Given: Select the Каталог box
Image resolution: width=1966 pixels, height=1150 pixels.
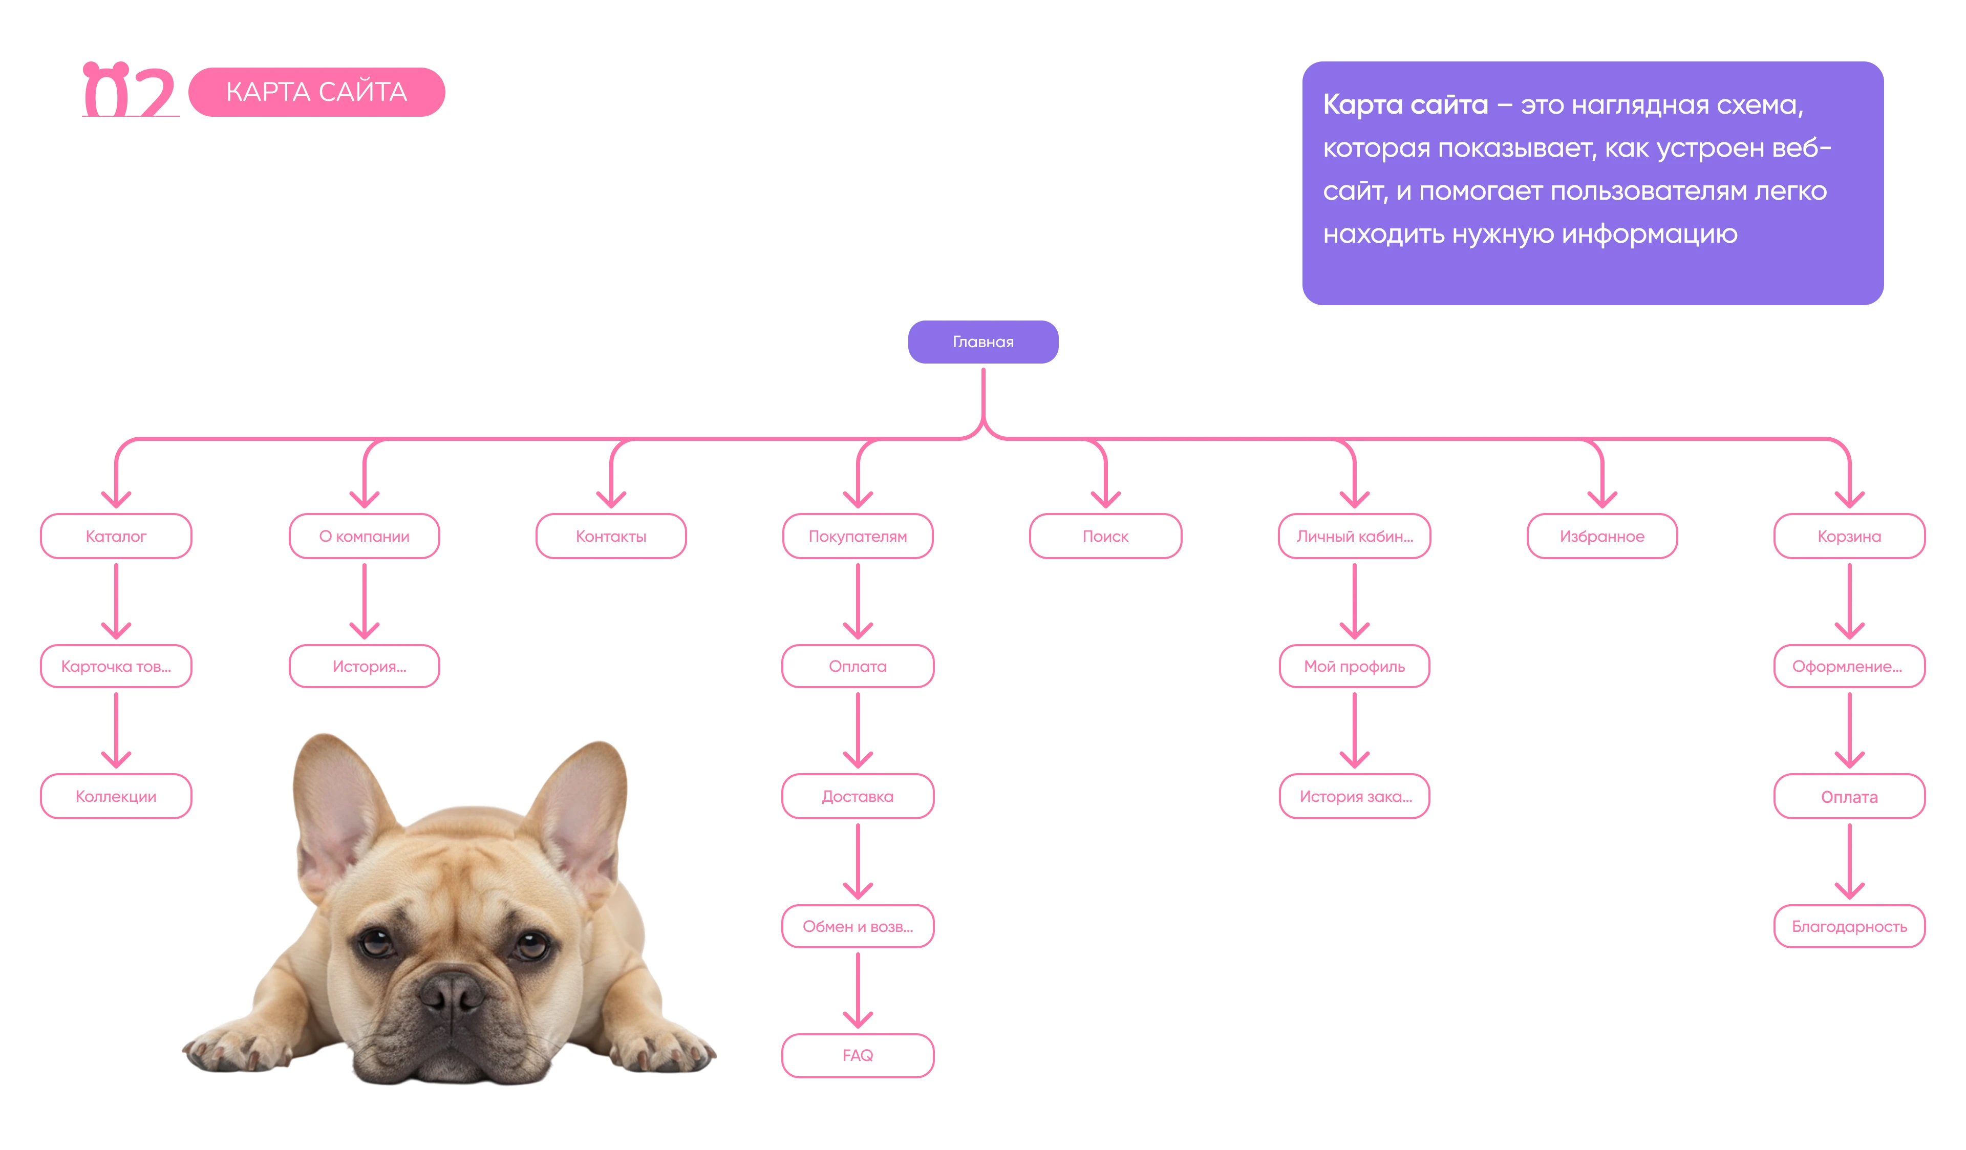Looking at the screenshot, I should (116, 536).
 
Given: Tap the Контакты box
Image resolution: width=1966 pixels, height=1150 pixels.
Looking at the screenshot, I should (611, 536).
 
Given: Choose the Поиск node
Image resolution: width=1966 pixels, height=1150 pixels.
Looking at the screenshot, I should (1105, 536).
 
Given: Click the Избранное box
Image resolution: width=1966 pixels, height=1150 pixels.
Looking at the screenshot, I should (1601, 536).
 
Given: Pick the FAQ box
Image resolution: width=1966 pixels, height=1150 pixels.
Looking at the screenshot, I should (858, 1055).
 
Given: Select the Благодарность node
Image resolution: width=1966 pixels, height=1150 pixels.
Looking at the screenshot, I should (1848, 926).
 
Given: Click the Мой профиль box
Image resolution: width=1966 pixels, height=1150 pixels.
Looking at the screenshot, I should (1354, 666).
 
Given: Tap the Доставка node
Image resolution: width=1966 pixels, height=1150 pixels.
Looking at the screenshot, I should (858, 796).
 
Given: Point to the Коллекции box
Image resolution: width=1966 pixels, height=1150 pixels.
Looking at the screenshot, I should (116, 796).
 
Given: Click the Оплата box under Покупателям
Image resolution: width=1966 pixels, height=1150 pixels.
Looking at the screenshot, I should (858, 666).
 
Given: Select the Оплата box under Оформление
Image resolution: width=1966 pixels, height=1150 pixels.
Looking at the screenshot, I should (1848, 797).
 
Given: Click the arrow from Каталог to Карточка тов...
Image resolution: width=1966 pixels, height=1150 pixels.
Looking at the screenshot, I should (116, 601).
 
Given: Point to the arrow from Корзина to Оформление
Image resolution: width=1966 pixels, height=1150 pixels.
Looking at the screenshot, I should (1848, 601).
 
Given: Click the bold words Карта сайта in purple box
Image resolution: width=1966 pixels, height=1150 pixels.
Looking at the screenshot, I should (1404, 104).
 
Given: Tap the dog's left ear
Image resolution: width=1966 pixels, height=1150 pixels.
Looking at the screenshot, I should (335, 803).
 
